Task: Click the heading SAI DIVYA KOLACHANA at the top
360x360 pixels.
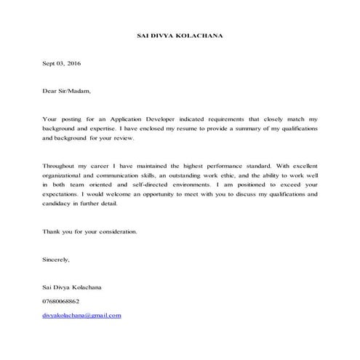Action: [x=179, y=35]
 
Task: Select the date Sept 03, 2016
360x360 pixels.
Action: [x=62, y=65]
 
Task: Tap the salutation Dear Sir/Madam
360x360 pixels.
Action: [x=68, y=92]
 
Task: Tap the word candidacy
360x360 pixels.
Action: [x=58, y=204]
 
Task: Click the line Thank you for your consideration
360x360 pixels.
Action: [x=89, y=232]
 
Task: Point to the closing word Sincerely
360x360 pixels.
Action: [x=57, y=260]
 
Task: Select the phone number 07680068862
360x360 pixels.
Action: [x=61, y=300]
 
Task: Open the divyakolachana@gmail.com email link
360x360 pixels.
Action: [x=81, y=315]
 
